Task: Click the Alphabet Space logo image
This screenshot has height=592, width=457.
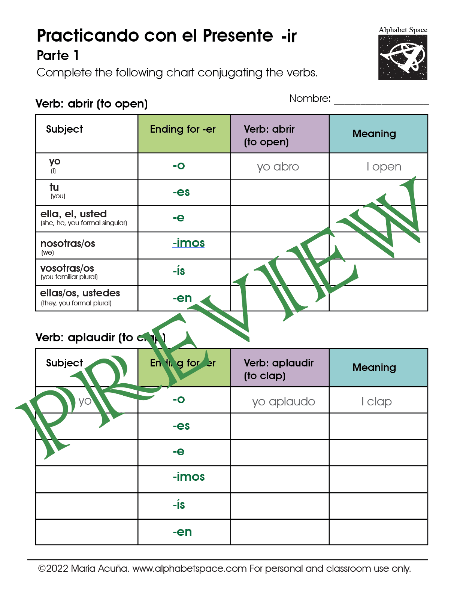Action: point(403,57)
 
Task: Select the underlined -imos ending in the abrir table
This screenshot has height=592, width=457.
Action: point(188,243)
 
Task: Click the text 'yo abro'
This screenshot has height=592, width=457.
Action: point(278,167)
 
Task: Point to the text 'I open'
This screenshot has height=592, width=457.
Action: point(384,167)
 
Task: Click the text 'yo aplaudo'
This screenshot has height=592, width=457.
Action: point(284,402)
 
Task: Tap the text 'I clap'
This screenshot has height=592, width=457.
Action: point(376,402)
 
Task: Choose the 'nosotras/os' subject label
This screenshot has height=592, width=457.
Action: point(68,244)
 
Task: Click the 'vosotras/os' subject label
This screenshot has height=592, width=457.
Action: point(67,268)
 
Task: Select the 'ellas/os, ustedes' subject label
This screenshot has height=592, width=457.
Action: point(80,293)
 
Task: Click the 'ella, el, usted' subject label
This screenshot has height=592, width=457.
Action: point(74,214)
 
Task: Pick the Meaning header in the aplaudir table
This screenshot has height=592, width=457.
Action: point(374,368)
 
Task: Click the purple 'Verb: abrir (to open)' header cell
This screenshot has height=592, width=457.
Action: point(280,134)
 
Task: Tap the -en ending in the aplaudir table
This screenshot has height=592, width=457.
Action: point(182,532)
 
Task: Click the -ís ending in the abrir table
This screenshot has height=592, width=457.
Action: point(179,271)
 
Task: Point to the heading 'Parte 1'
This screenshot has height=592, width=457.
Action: point(58,55)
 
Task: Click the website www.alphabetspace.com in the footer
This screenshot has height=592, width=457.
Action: point(190,569)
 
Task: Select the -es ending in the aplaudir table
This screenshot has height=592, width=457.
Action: point(181,426)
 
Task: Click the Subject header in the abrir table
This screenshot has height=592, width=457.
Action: point(64,129)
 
